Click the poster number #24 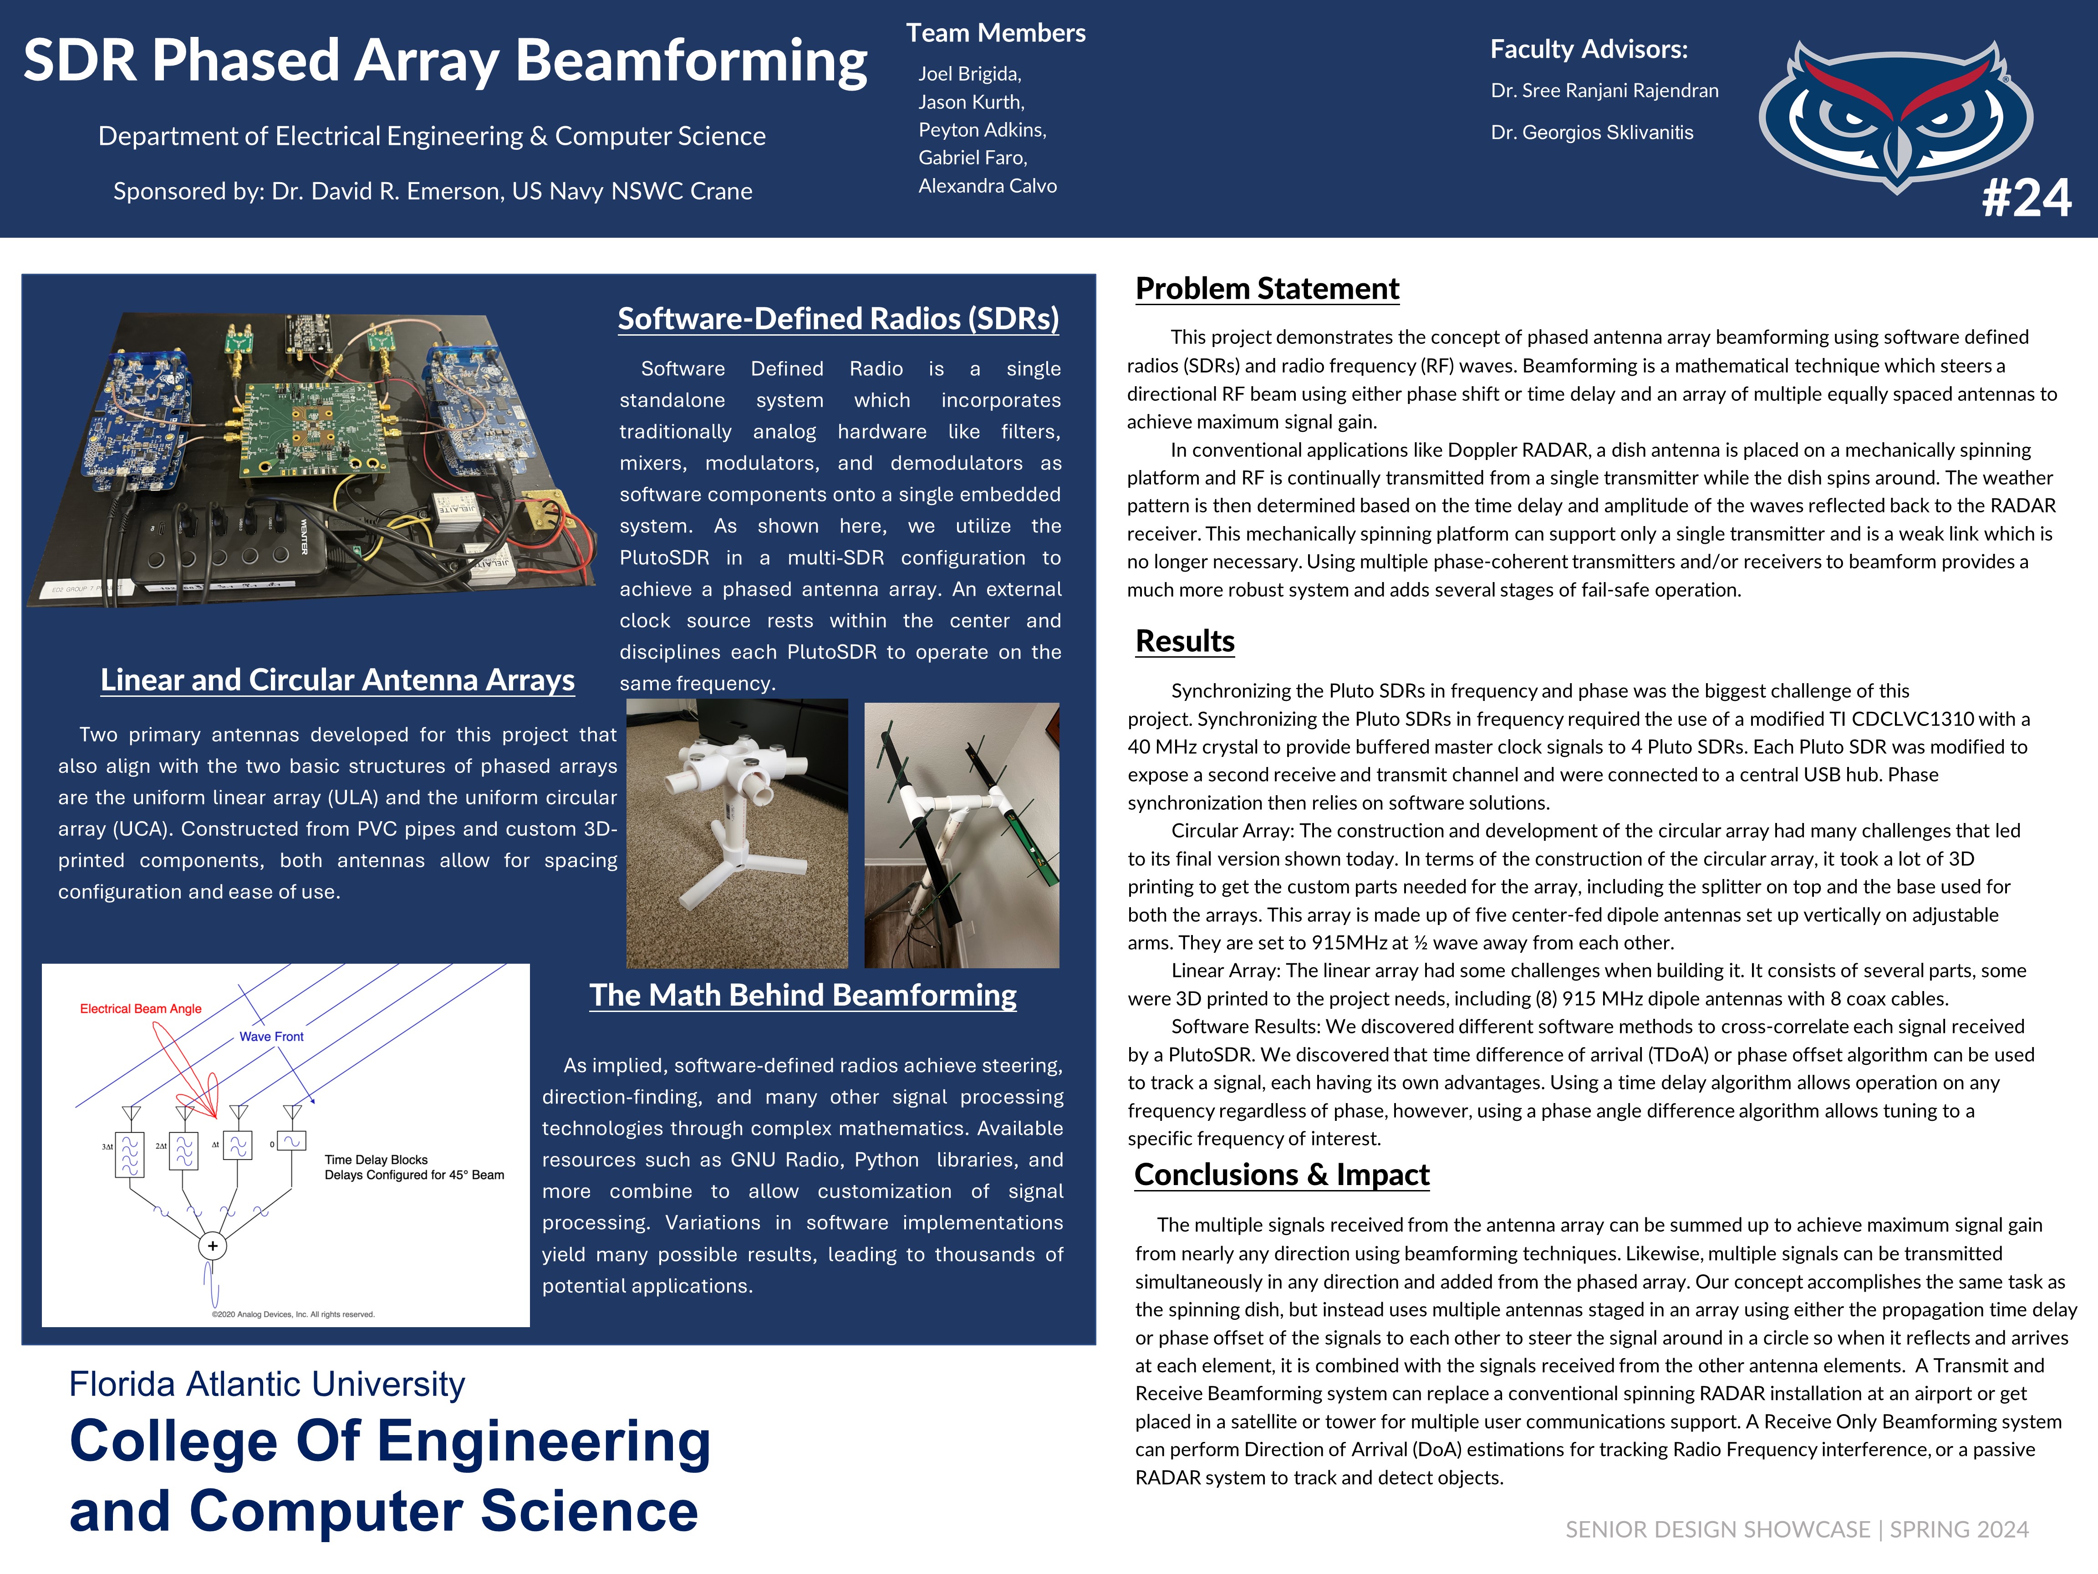[x=2026, y=199]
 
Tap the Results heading [x=1185, y=641]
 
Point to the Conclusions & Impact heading [x=1281, y=1175]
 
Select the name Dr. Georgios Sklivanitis [x=1592, y=133]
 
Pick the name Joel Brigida [x=968, y=74]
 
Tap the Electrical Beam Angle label [x=140, y=1008]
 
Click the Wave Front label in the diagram [x=271, y=1036]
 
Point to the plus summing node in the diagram [x=213, y=1246]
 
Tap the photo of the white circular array [x=737, y=833]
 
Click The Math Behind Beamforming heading [x=802, y=995]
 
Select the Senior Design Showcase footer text [x=1797, y=1529]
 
